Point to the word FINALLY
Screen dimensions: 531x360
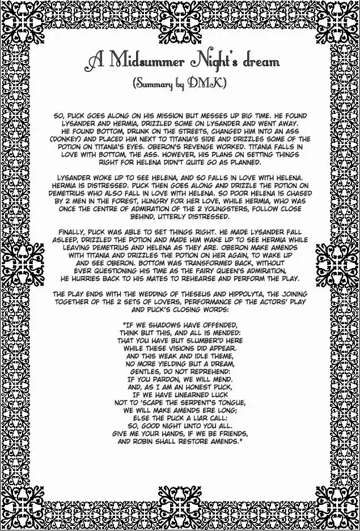click(x=77, y=231)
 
